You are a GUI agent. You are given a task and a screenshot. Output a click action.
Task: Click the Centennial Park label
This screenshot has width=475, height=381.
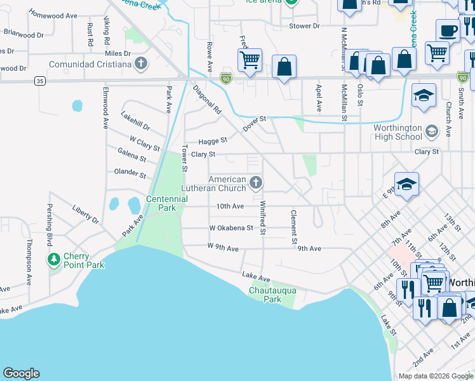167,203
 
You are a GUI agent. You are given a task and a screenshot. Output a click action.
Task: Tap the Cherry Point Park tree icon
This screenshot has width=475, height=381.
54,259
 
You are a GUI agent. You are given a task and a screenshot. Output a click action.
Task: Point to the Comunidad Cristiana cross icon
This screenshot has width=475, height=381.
141,63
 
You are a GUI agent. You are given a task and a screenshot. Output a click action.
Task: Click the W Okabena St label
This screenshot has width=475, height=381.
231,227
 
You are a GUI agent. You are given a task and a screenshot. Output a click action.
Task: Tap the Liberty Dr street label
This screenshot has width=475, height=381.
86,214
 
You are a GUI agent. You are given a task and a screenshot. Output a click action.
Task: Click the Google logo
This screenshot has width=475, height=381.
21,373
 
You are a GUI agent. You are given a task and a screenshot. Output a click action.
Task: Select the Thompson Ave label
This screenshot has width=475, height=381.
29,261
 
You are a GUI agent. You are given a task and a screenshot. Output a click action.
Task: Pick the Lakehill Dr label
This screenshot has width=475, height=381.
135,121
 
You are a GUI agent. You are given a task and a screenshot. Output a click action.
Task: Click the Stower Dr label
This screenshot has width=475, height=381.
304,26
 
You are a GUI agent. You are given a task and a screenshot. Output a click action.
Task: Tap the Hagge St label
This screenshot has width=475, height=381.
213,140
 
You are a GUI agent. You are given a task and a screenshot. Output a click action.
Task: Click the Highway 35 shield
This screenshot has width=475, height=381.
40,81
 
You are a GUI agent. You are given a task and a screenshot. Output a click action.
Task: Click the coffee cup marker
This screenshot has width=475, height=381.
448,30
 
